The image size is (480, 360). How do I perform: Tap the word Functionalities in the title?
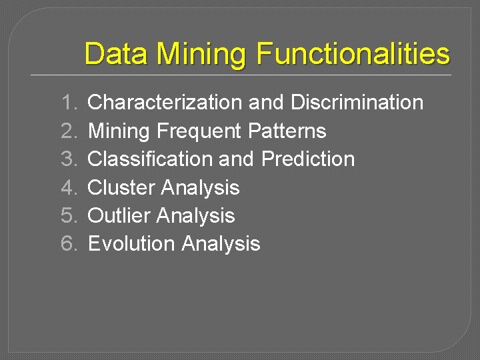pos(353,53)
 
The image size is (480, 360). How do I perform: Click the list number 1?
pos(69,103)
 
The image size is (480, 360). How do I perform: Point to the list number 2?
pos(69,131)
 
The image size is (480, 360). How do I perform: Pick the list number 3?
pos(69,159)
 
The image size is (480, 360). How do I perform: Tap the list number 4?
pos(69,187)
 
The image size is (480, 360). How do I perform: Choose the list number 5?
pos(69,215)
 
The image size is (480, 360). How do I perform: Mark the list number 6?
pos(69,244)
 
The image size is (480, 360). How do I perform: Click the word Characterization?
pos(165,103)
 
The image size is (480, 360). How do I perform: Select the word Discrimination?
pos(357,103)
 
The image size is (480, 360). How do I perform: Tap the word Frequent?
pos(199,131)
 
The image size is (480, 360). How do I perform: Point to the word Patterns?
pos(287,131)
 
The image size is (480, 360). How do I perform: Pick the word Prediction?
pos(308,159)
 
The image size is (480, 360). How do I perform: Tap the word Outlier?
pos(119,216)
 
